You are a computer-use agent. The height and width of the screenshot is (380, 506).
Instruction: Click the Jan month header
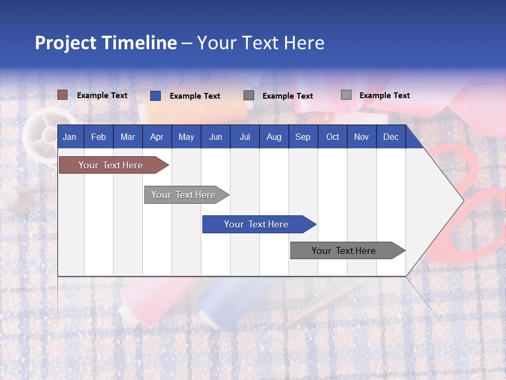70,137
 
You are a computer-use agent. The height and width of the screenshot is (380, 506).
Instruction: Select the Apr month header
157,137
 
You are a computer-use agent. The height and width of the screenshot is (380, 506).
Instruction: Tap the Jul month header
245,137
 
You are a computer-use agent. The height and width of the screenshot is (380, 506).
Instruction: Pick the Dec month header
391,137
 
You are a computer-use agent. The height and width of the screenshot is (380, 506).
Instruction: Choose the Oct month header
332,137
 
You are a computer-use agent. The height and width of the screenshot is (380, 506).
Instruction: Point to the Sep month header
303,137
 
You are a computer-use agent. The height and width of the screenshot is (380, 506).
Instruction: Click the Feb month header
99,137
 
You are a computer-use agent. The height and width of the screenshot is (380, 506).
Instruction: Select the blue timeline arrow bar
257,224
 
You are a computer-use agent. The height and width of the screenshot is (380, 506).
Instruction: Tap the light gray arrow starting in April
184,195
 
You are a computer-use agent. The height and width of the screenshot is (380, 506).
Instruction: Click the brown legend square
63,95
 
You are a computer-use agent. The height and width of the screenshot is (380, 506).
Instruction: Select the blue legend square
155,96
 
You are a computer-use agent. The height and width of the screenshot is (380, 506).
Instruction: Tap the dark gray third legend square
249,96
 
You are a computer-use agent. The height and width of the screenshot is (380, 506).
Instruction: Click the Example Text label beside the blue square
194,96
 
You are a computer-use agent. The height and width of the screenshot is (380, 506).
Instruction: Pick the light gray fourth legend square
346,95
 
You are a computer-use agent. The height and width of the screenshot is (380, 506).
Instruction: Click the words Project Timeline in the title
106,43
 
